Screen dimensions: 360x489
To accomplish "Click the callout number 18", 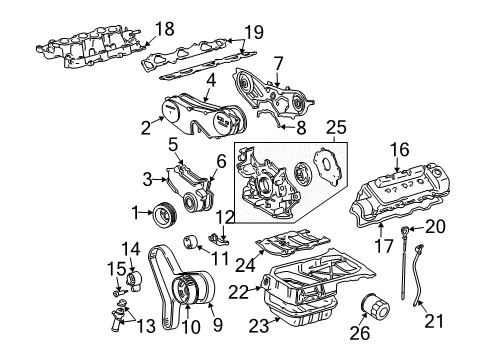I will pos(164,28).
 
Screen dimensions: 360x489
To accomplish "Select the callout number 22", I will pos(236,290).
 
